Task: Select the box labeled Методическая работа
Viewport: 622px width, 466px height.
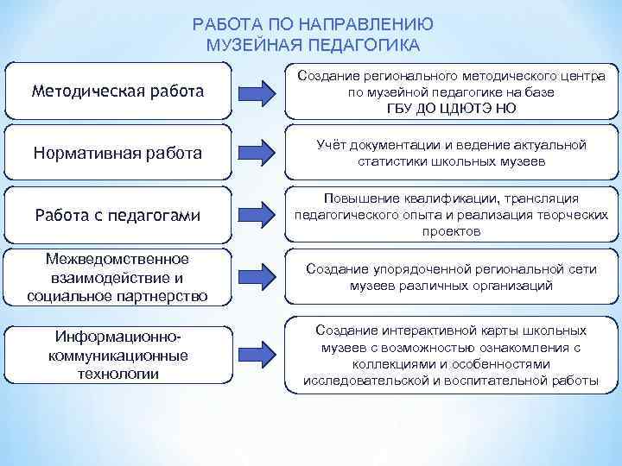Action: click(x=117, y=91)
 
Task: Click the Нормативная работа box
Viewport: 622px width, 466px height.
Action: click(x=117, y=153)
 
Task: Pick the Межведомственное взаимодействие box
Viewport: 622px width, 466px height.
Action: click(x=117, y=278)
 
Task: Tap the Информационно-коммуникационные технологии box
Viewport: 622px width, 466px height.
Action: click(x=117, y=353)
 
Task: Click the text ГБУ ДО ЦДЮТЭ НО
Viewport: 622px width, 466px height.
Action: click(x=451, y=107)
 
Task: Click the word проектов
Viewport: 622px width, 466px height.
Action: click(x=451, y=232)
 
